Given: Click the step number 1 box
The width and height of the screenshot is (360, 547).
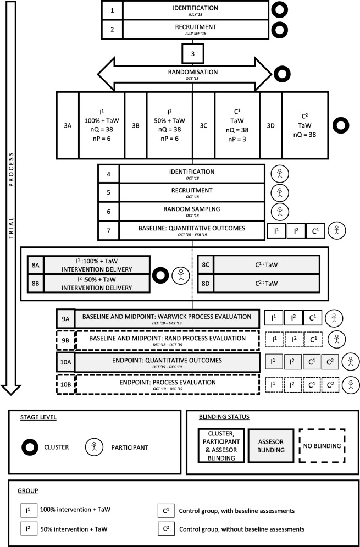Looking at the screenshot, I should point(112,10).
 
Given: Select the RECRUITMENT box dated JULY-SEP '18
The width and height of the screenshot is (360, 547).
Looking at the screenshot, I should point(195,30).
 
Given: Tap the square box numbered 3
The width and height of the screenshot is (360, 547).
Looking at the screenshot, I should point(191,53).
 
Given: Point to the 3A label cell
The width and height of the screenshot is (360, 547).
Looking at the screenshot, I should point(68,125).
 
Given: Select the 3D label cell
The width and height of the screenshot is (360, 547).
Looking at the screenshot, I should point(270,125).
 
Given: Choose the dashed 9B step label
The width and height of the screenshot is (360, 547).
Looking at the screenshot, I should point(65,340).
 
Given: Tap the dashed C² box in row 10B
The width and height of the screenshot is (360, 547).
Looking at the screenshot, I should point(329,384).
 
